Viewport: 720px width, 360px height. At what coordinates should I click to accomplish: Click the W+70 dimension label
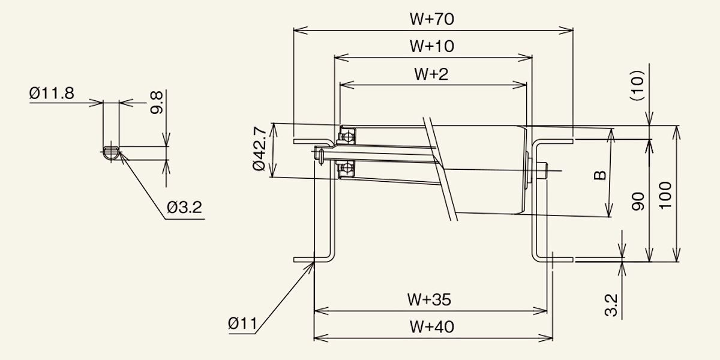432,19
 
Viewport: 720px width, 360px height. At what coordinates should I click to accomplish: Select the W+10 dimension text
432,46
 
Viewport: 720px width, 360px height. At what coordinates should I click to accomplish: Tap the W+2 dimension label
431,74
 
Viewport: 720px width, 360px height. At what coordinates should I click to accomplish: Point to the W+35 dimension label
429,299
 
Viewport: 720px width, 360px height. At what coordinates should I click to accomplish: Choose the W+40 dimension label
432,327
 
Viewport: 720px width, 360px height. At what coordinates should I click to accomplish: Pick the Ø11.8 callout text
52,94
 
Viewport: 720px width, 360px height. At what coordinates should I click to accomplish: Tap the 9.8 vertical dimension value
157,103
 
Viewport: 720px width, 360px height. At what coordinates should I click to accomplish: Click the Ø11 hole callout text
242,324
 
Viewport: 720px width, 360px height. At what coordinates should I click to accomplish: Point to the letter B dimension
599,175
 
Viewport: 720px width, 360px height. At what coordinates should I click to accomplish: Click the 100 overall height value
665,194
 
